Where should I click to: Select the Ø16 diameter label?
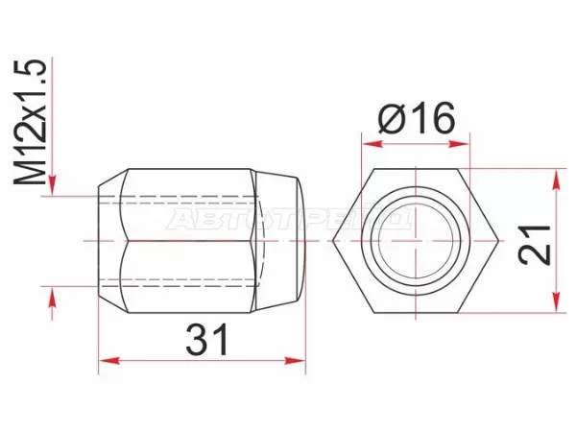416,120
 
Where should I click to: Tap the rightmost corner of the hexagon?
492,240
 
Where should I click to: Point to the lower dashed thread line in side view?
182,282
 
